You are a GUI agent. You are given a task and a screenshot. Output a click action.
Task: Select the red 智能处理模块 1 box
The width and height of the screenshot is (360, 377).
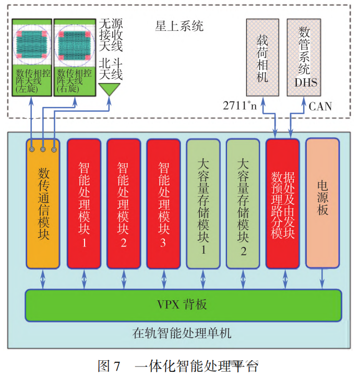pyautogui.click(x=83, y=204)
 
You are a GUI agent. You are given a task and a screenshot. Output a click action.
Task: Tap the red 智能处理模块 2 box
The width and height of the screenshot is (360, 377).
pyautogui.click(x=124, y=204)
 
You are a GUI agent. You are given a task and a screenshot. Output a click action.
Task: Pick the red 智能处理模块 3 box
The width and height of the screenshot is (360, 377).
pyautogui.click(x=164, y=204)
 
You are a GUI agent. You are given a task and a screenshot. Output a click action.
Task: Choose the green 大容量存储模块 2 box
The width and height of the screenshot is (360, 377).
pyautogui.click(x=243, y=204)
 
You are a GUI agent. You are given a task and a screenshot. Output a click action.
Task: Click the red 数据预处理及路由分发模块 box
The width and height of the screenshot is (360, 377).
pyautogui.click(x=283, y=204)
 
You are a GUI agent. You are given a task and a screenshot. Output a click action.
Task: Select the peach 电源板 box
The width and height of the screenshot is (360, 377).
pyautogui.click(x=322, y=204)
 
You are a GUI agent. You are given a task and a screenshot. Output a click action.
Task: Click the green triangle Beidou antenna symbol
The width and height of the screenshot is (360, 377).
pyautogui.click(x=109, y=90)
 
